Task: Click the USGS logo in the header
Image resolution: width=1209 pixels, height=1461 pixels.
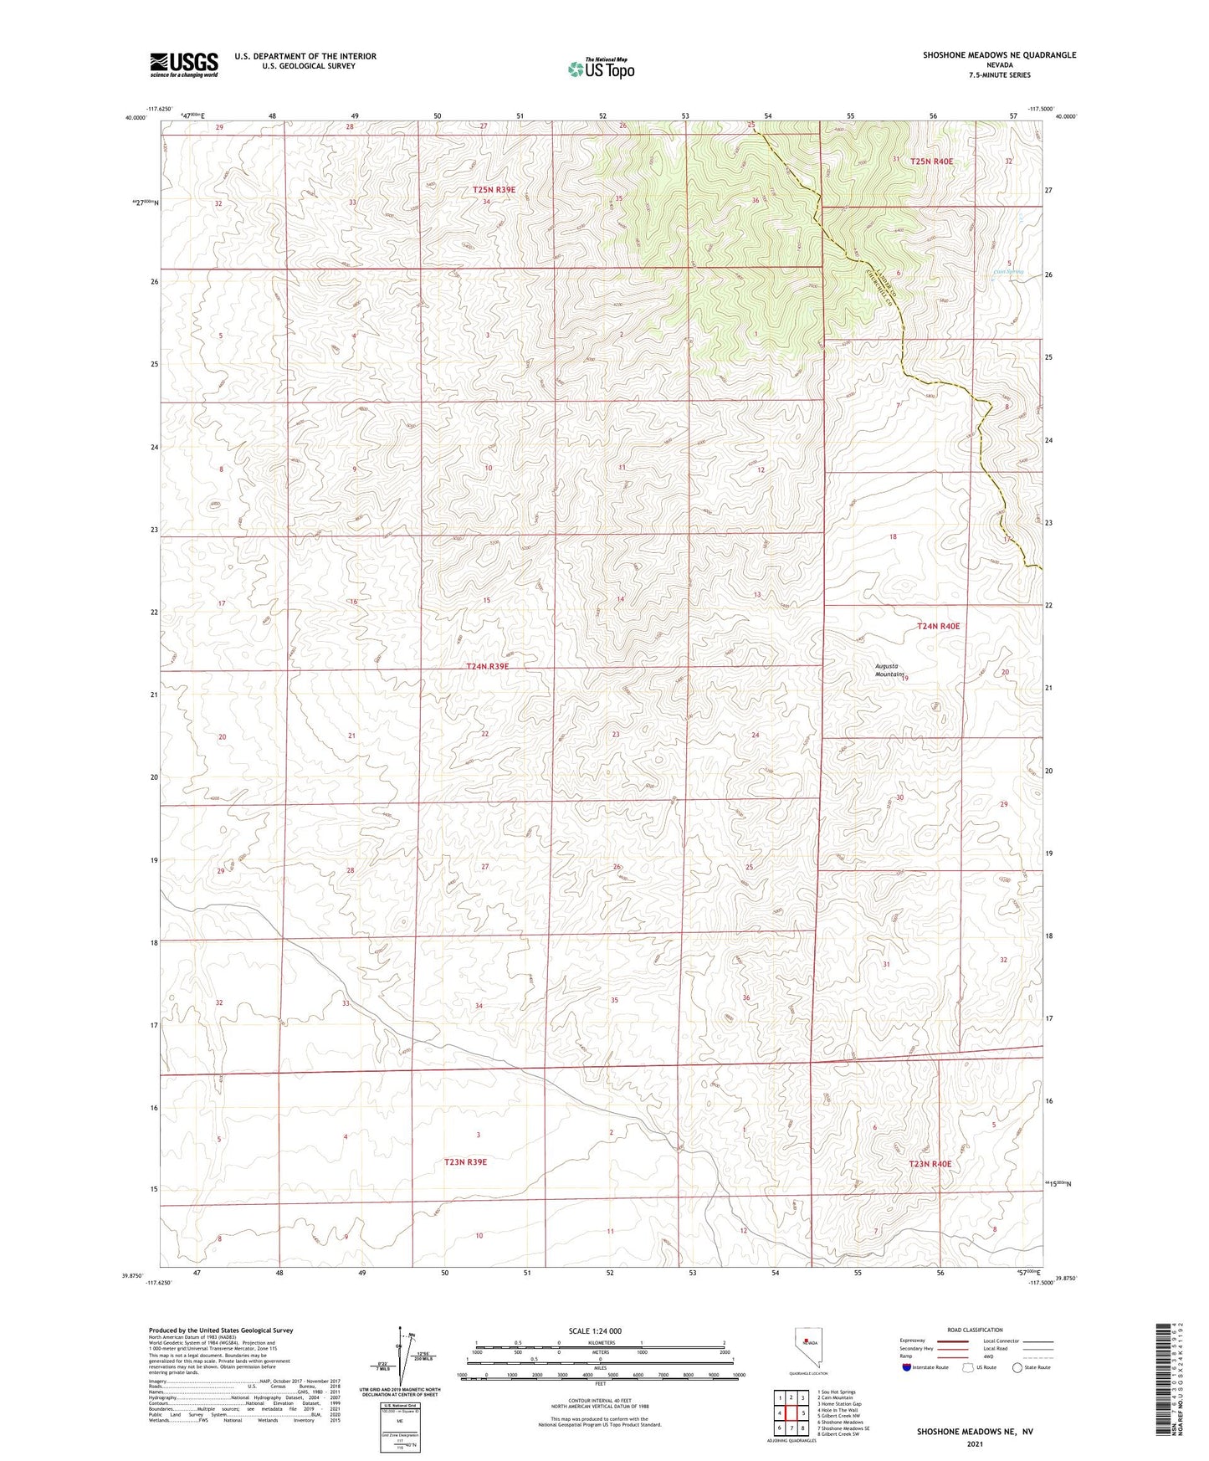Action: point(184,64)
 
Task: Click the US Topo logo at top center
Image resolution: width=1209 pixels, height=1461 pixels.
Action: point(600,69)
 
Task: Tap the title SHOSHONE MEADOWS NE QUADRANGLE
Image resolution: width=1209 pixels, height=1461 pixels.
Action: point(999,55)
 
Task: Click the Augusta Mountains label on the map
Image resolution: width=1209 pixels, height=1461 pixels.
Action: point(889,670)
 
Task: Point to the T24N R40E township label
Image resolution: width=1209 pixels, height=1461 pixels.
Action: point(938,626)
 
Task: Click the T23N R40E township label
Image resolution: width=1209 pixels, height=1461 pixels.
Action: point(930,1164)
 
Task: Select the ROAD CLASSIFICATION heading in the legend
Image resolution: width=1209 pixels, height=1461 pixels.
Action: point(975,1330)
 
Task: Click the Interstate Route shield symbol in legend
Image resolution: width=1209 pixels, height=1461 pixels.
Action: point(907,1367)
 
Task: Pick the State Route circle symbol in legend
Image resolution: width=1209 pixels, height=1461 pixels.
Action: point(1017,1367)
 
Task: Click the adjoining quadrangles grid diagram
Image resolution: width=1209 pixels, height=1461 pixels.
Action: point(791,1413)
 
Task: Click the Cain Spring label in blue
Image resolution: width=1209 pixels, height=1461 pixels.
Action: point(1008,271)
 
